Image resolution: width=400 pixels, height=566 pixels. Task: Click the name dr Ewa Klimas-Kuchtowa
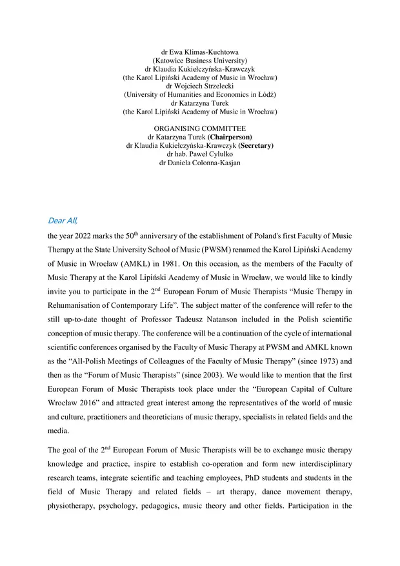199,51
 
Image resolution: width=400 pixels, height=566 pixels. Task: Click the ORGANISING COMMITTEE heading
199,128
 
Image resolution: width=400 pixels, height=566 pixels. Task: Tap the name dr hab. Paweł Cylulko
199,154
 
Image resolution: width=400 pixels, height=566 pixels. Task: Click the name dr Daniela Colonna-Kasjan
199,163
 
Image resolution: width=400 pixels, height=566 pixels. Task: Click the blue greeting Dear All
63,220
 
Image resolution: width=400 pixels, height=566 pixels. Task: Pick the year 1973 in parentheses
325,359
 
